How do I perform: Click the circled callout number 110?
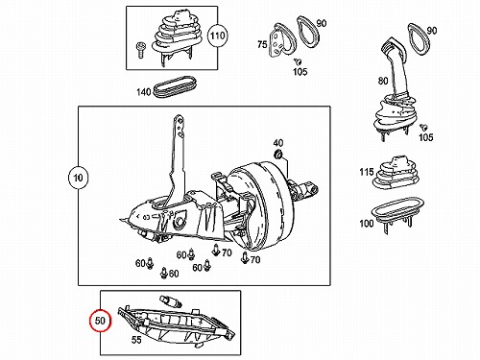point(217,36)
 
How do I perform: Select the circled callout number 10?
point(78,178)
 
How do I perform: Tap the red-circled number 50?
point(100,321)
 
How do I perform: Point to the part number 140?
point(143,92)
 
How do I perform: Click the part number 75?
point(262,44)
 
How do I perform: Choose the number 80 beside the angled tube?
point(383,81)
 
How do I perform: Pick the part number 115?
point(367,172)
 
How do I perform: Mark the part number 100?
point(367,223)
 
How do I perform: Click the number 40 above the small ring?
point(277,143)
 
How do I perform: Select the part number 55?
point(136,340)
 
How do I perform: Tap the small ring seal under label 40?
point(278,155)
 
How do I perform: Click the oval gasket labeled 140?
point(175,86)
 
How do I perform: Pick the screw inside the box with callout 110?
point(139,50)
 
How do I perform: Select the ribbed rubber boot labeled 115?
point(395,173)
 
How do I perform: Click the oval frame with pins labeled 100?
point(397,211)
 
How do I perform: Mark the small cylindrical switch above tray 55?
point(171,300)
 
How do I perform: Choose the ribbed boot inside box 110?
point(177,36)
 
